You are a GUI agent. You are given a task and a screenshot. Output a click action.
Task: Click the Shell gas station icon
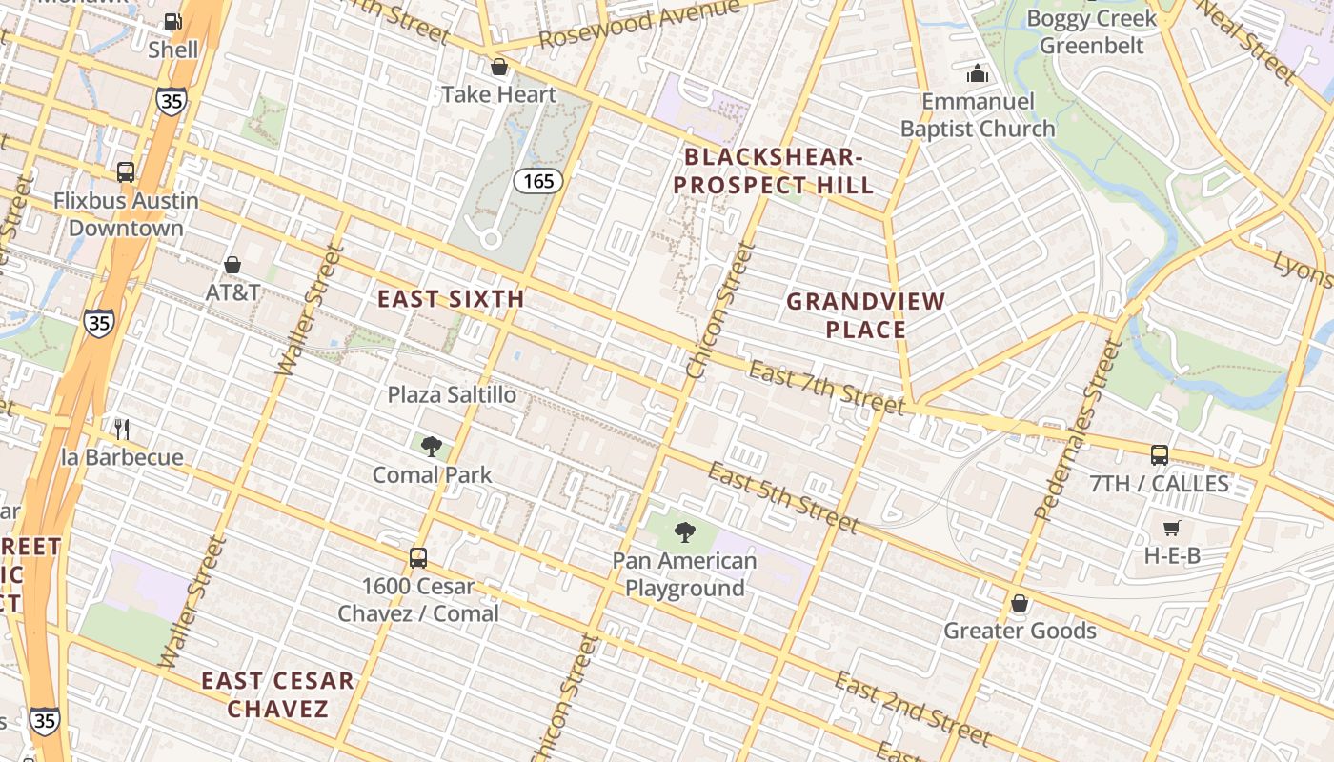pyautogui.click(x=172, y=21)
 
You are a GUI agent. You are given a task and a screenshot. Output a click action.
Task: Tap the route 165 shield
pyautogui.click(x=539, y=181)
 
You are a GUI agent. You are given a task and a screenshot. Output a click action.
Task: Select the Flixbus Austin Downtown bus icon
pyautogui.click(x=126, y=172)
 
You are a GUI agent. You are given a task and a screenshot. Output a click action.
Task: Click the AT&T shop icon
pyautogui.click(x=232, y=264)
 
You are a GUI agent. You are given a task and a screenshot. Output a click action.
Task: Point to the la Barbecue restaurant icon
pyautogui.click(x=121, y=429)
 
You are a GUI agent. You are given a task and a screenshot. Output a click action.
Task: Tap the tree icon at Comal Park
pyautogui.click(x=432, y=445)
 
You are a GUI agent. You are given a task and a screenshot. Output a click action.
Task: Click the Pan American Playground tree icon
pyautogui.click(x=684, y=532)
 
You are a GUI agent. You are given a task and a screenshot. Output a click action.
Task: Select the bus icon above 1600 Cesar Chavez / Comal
pyautogui.click(x=417, y=558)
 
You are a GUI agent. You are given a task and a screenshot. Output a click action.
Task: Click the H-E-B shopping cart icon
pyautogui.click(x=1171, y=527)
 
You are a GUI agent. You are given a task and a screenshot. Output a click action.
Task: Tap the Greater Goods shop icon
pyautogui.click(x=1019, y=602)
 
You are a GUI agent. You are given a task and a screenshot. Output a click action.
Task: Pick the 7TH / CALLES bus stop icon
pyautogui.click(x=1159, y=454)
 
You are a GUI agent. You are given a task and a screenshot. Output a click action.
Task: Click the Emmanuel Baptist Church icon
pyautogui.click(x=978, y=73)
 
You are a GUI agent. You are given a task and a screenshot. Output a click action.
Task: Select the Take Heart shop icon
pyautogui.click(x=498, y=67)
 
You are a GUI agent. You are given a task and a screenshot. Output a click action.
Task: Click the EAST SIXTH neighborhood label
pyautogui.click(x=451, y=299)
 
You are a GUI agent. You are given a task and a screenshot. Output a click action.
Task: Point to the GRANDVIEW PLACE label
pyautogui.click(x=865, y=315)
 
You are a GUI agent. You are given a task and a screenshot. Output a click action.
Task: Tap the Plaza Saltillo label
pyautogui.click(x=452, y=394)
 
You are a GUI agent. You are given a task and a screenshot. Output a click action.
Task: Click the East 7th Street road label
pyautogui.click(x=825, y=387)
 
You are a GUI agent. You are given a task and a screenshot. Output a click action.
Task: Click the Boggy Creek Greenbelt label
pyautogui.click(x=1091, y=31)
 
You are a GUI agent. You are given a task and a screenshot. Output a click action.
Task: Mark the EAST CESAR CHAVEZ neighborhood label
pyautogui.click(x=277, y=694)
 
